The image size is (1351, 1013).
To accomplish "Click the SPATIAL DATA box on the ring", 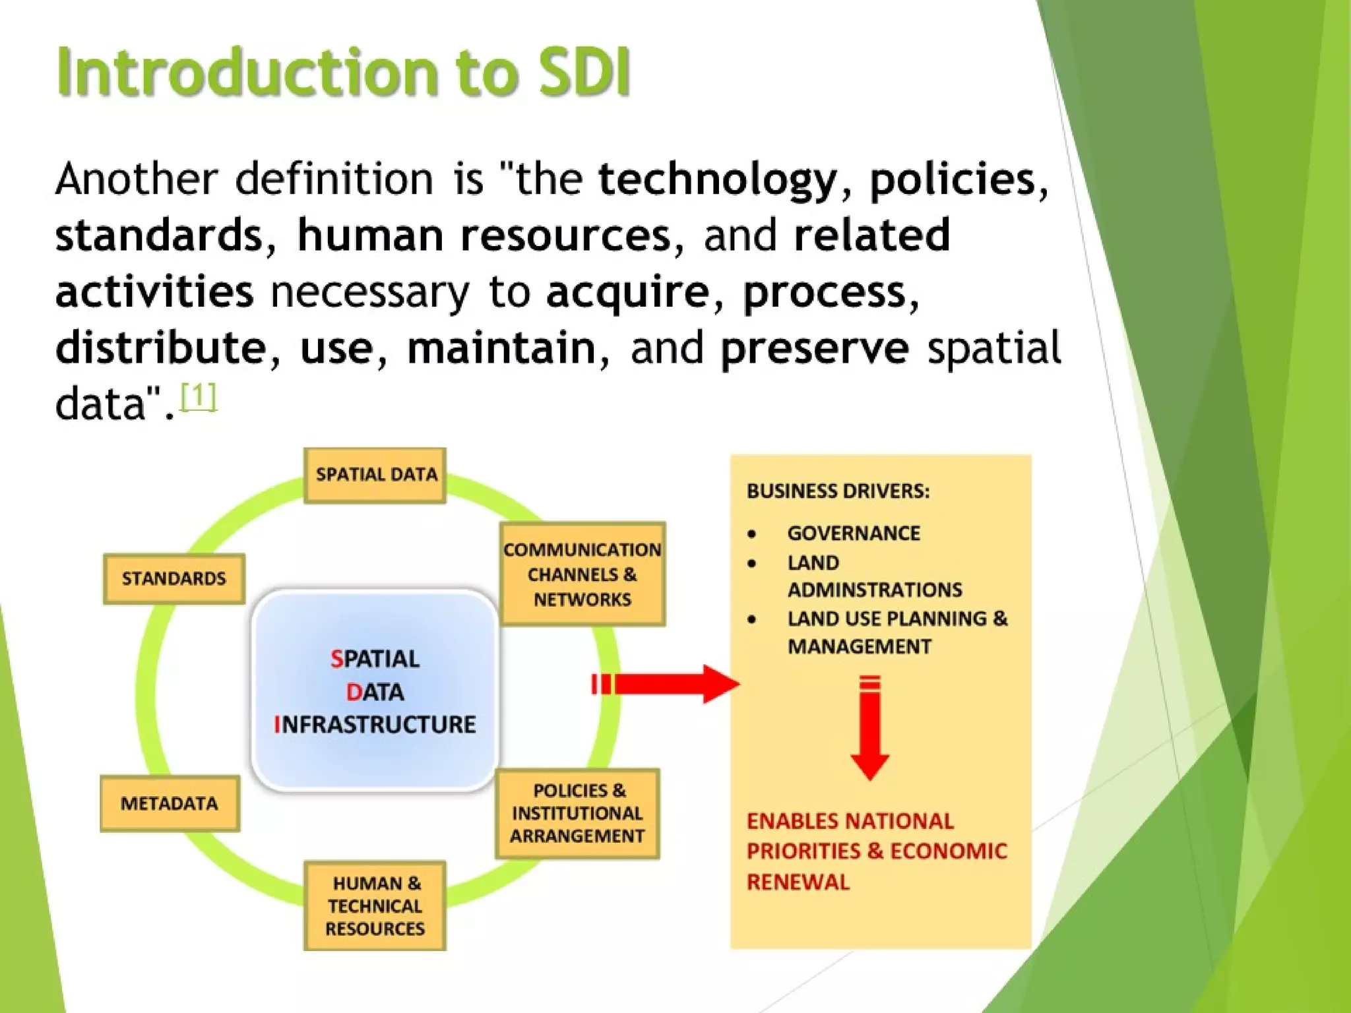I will (x=375, y=476).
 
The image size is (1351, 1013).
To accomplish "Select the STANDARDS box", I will (x=174, y=578).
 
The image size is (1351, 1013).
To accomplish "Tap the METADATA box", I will (x=170, y=803).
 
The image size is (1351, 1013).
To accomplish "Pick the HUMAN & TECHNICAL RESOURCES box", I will (x=375, y=906).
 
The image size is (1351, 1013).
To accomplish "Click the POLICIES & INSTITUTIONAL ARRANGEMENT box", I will (x=577, y=813).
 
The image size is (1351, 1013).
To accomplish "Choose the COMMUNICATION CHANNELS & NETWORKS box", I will (x=582, y=574).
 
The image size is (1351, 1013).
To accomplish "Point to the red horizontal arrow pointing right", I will (x=666, y=684).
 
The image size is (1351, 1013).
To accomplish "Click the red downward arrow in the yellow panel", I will (x=869, y=729).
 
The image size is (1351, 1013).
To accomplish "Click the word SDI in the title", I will (x=584, y=73).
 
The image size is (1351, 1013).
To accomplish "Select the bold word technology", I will (x=718, y=179).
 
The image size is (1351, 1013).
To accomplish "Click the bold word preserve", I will (x=815, y=348).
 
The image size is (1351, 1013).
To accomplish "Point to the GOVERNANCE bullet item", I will (x=853, y=533).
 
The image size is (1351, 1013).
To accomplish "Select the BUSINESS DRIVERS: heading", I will (x=838, y=491).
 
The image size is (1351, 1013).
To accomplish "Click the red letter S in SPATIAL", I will (x=336, y=659).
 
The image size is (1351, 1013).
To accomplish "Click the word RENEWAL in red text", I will (x=798, y=882).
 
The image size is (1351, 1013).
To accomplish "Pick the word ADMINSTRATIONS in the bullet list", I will (x=875, y=590).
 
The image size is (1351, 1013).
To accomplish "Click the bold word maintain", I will (x=501, y=348).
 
